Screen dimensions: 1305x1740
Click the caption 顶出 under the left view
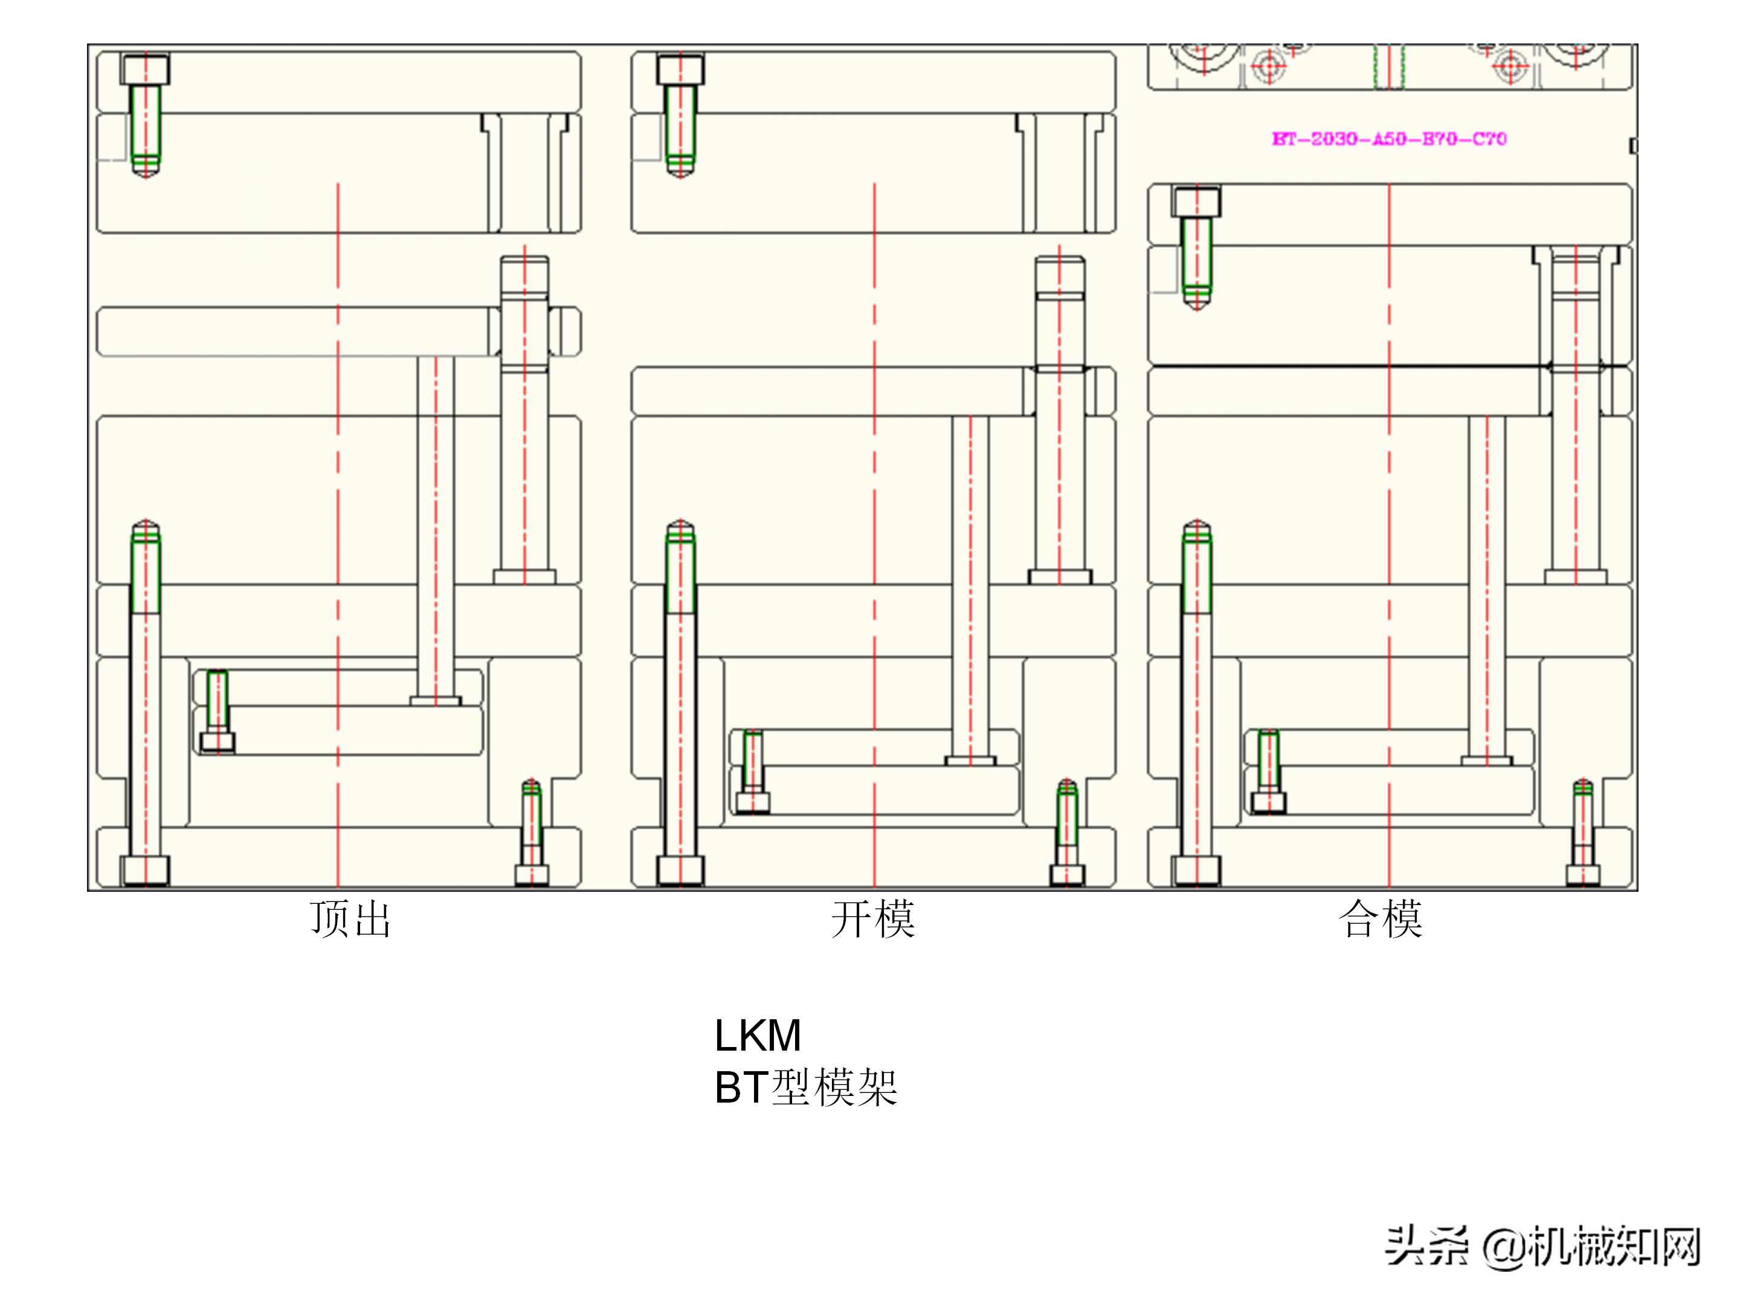[350, 919]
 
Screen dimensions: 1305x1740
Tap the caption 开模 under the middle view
[873, 919]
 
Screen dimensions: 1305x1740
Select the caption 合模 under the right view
[1381, 919]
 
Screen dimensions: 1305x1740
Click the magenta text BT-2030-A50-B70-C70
[1389, 139]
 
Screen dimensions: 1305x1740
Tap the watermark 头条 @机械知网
[1542, 1247]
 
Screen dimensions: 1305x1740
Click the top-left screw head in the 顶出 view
[145, 70]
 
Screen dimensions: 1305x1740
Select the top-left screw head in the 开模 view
[680, 70]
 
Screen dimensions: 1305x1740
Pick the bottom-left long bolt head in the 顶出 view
[145, 871]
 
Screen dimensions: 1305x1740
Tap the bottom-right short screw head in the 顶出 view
[532, 875]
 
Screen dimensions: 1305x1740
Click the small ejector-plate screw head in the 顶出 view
[217, 742]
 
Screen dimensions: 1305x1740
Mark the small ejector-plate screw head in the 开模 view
[753, 802]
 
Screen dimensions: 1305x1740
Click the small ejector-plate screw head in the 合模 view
[1269, 802]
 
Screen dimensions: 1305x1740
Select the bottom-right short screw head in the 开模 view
[1066, 875]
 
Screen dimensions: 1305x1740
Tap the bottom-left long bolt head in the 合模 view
[1196, 871]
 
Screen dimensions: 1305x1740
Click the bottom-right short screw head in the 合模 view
[1583, 875]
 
